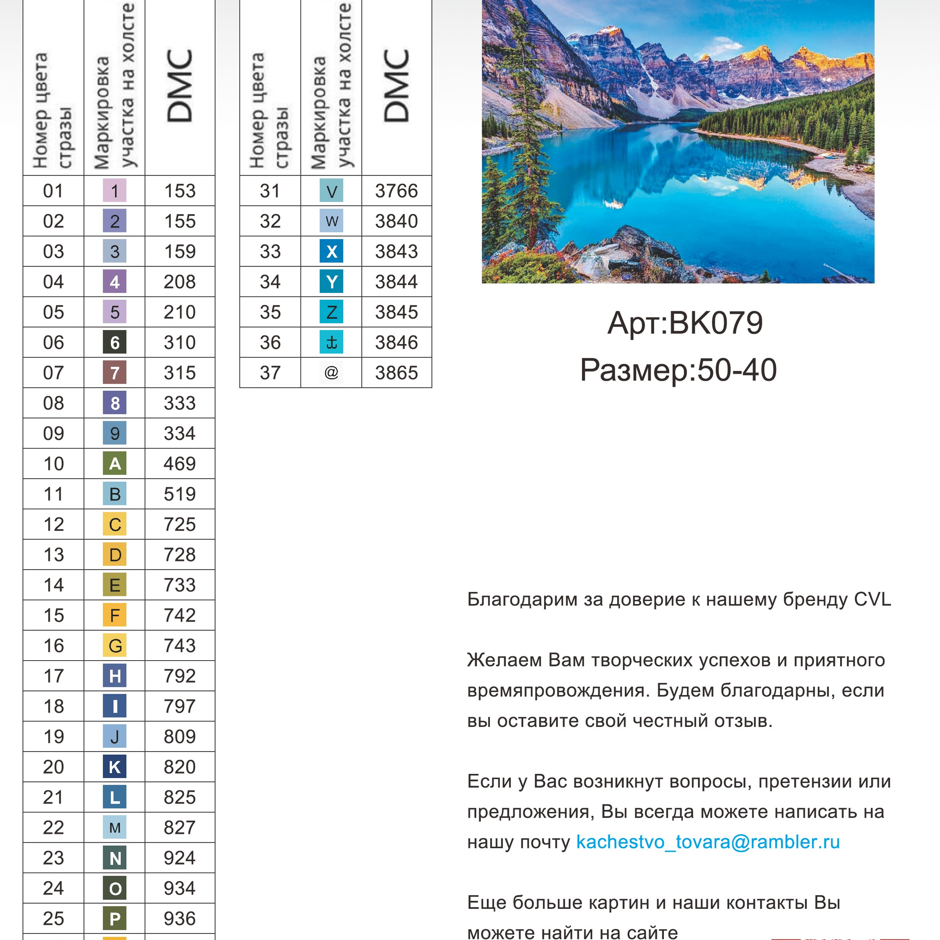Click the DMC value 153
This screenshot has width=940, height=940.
180,191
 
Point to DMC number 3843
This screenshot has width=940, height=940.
396,252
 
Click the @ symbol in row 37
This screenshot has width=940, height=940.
331,373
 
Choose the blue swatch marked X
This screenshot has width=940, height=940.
331,252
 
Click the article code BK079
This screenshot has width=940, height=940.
716,323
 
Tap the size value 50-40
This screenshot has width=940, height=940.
737,370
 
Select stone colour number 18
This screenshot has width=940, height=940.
54,706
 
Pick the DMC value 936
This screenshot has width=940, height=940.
180,919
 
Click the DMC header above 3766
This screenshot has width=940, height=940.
396,87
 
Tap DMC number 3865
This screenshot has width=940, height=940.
396,373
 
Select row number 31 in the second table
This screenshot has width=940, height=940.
270,191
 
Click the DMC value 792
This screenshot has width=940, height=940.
180,676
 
